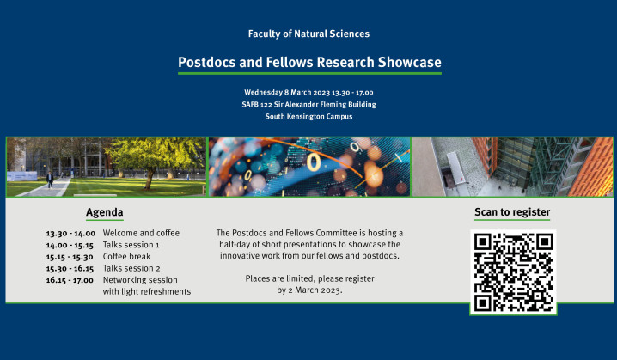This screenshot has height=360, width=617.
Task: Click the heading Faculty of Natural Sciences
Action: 308,34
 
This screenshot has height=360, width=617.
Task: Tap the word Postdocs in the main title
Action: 207,63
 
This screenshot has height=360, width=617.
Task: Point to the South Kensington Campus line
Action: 308,116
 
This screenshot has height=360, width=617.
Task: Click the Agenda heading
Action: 104,212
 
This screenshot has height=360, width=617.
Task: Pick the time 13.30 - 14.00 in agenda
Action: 70,233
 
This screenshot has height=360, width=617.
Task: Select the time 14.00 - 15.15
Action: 70,245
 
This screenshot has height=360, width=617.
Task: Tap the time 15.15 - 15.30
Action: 70,256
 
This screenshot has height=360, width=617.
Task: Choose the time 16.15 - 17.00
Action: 70,279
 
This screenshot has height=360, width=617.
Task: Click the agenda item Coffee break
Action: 127,256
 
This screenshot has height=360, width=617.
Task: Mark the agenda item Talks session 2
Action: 131,268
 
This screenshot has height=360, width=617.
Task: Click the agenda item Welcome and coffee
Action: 141,233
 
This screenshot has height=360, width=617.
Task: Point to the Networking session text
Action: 140,279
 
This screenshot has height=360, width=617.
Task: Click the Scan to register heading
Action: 512,212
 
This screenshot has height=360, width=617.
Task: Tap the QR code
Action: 513,272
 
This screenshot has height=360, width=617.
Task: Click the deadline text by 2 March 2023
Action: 309,290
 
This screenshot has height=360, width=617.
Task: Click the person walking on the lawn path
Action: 49,180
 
